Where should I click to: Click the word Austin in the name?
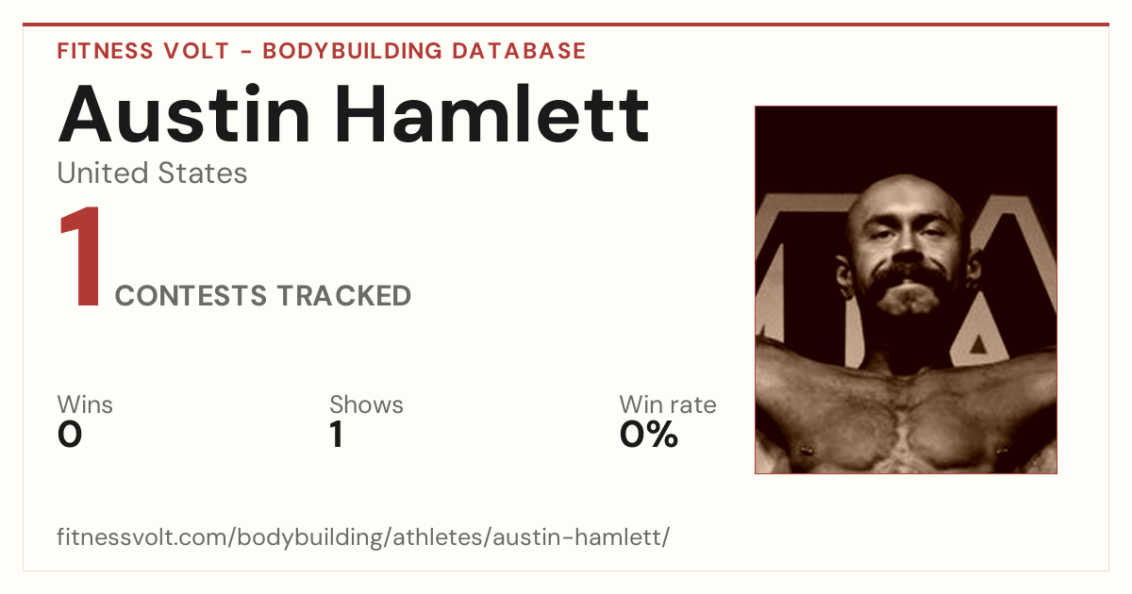pos(184,114)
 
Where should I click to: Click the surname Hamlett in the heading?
pos(491,114)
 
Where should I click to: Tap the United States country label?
pos(152,173)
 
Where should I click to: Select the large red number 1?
pos(80,256)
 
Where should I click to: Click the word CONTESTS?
pos(191,295)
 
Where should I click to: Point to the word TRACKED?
pos(344,295)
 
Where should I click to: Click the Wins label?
pos(85,404)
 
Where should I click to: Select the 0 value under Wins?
pos(70,435)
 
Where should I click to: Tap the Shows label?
pos(366,404)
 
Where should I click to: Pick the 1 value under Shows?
pos(337,435)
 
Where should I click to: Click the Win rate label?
pos(668,404)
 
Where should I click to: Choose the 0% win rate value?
pos(649,435)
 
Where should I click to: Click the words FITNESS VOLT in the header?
pos(143,51)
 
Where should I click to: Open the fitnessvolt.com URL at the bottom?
pos(363,536)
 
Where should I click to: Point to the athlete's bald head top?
pos(905,190)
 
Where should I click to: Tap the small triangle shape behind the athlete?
pos(979,344)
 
